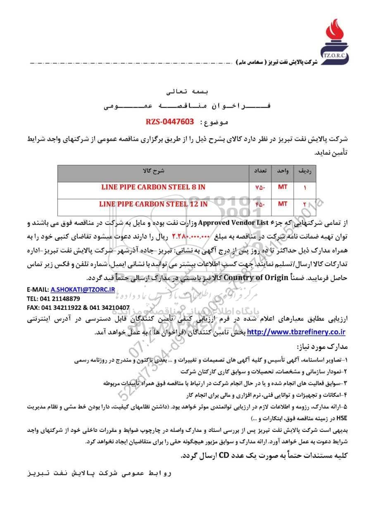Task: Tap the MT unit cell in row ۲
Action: pos(283,204)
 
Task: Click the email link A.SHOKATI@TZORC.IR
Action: pos(82,290)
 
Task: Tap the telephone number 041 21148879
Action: pos(60,298)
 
